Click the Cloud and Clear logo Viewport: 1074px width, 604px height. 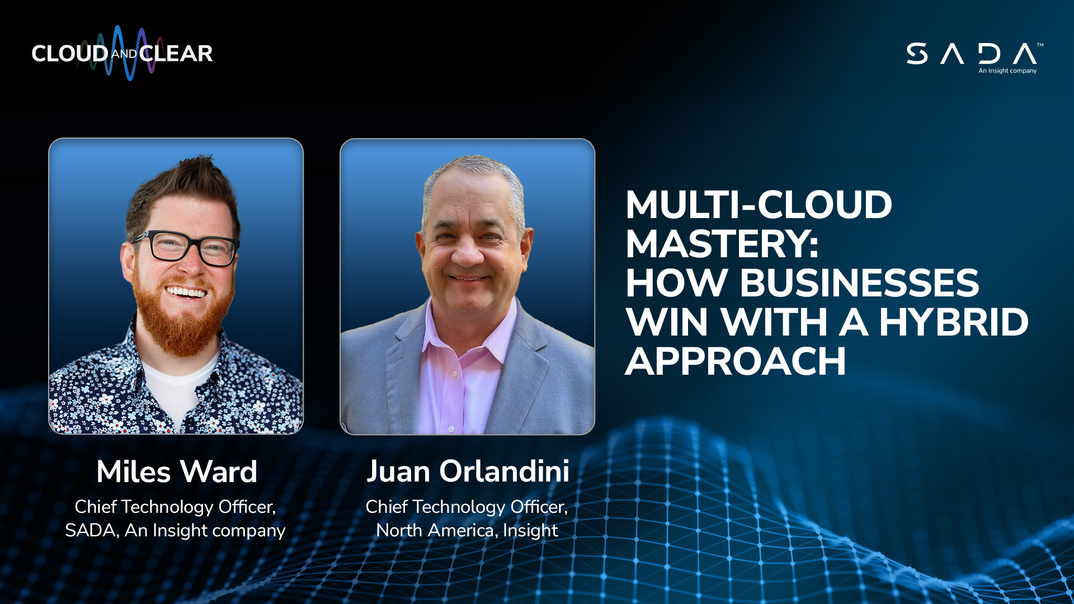click(x=122, y=53)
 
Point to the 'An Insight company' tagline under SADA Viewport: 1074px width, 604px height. click(x=1007, y=71)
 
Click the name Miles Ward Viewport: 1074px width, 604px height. click(x=177, y=471)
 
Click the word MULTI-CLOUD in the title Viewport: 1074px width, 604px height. click(x=759, y=205)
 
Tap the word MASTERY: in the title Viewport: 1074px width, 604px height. click(x=722, y=244)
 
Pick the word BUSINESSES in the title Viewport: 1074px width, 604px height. click(x=859, y=283)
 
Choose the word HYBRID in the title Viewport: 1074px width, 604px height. click(x=954, y=322)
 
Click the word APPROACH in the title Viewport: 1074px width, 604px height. click(x=736, y=361)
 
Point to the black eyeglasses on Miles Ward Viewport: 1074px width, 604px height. click(x=186, y=247)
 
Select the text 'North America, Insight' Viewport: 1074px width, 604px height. click(x=467, y=530)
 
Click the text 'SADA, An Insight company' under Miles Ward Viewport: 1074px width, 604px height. click(x=175, y=530)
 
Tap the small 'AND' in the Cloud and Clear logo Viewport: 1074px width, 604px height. click(x=124, y=54)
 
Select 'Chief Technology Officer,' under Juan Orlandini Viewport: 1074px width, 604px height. click(x=467, y=507)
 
